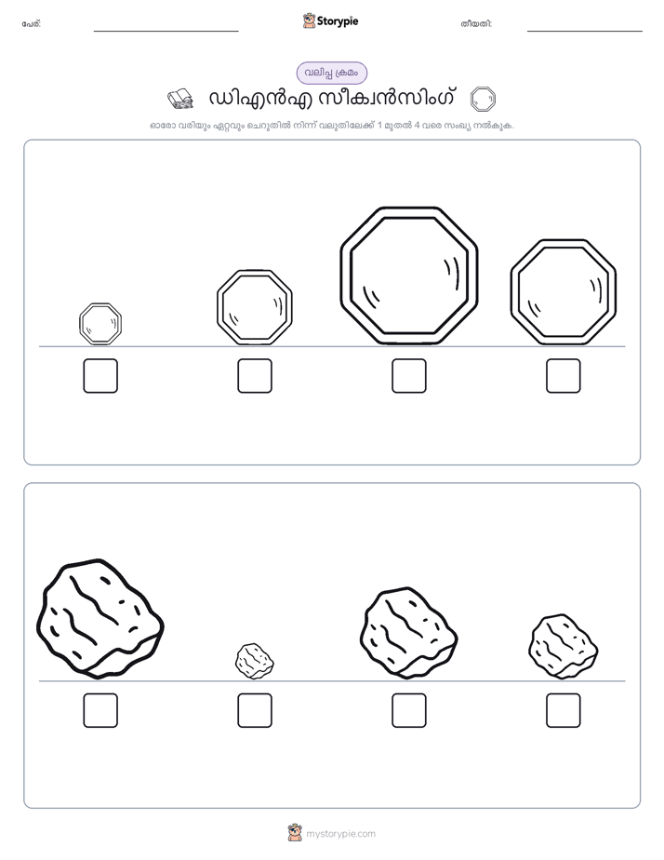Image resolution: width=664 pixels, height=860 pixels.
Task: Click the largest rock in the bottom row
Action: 100,619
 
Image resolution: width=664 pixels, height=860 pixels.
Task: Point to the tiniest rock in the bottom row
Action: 255,661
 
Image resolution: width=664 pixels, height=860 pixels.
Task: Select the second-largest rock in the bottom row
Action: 408,633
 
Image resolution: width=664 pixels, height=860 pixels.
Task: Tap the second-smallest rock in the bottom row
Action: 564,647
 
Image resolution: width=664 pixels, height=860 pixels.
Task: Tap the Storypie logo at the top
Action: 330,20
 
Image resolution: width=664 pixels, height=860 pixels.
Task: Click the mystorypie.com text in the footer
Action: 340,834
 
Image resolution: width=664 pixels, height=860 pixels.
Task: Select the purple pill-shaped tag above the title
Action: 332,73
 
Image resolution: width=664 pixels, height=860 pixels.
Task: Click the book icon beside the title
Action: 180,99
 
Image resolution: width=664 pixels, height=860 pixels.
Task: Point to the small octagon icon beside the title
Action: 483,100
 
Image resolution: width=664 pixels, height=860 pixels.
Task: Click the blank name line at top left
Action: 166,32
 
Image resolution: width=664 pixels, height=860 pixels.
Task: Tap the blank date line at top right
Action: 585,32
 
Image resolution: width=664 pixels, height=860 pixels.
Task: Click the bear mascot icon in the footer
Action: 295,833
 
